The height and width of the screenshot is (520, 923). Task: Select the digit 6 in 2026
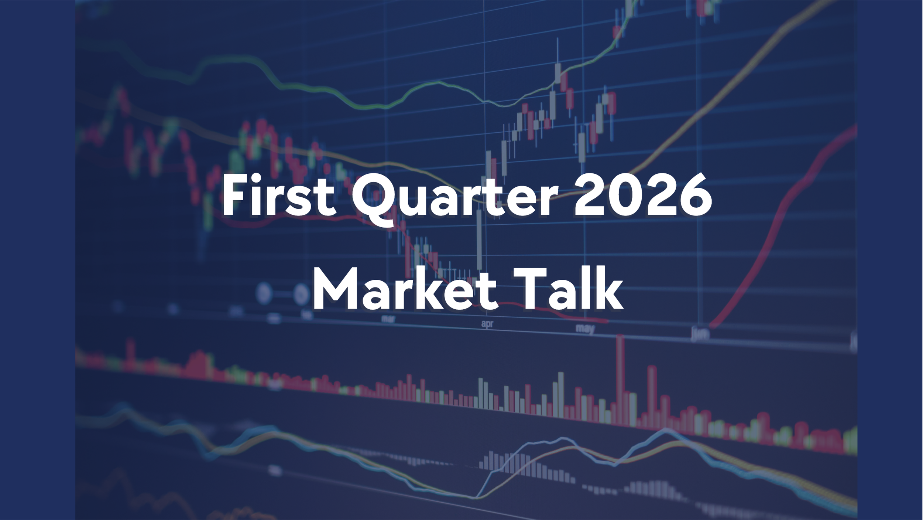coord(694,196)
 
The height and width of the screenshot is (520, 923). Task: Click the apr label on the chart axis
coord(487,324)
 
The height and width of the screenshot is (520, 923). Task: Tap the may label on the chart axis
coord(585,328)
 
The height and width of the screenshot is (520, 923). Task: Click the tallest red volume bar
coord(620,381)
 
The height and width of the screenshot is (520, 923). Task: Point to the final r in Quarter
coord(550,201)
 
